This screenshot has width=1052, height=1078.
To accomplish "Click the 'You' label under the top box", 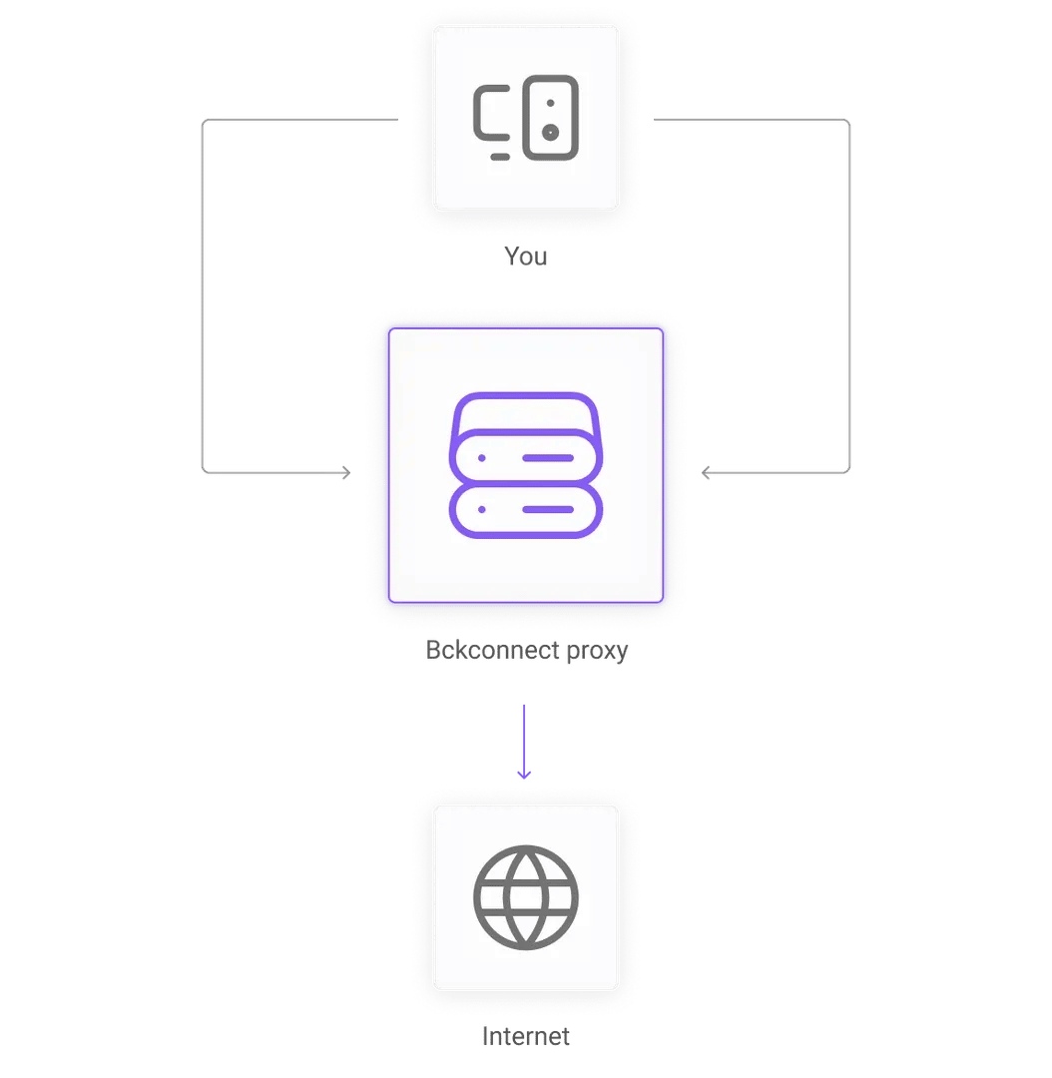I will click(526, 258).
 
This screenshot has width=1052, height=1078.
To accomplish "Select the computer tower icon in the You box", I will click(551, 117).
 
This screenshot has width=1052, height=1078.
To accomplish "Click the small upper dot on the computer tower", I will click(550, 103).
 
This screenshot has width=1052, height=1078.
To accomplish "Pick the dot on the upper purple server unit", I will click(481, 458).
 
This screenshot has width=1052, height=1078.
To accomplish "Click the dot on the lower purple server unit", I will click(481, 509).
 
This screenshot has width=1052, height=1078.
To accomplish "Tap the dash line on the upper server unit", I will click(547, 458).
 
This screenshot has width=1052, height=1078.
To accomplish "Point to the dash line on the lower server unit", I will click(547, 509).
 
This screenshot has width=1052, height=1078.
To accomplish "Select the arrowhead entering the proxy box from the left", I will click(345, 472).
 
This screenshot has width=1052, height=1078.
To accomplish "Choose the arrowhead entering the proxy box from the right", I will click(708, 472).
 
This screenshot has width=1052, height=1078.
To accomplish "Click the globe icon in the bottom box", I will click(526, 897).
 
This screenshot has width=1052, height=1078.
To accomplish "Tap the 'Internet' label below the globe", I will click(526, 1037).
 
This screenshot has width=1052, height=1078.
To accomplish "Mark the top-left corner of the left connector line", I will click(203, 121).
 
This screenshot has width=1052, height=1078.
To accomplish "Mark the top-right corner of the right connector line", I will click(849, 121).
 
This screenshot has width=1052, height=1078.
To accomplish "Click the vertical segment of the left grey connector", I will click(202, 299).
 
